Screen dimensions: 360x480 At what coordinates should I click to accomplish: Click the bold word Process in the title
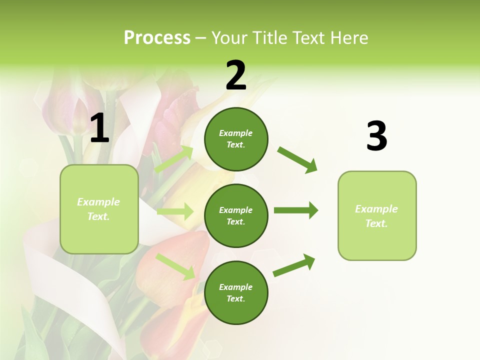point(157,38)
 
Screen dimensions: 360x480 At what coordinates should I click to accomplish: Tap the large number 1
point(99,128)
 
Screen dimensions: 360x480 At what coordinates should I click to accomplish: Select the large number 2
point(236,75)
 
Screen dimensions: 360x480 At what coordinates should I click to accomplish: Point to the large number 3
point(376,136)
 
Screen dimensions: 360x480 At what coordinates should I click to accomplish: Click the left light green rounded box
point(99,209)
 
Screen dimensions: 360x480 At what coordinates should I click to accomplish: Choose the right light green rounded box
point(377,215)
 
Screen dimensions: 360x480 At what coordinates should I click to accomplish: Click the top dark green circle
point(236,139)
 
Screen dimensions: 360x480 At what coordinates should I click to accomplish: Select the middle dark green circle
point(236,215)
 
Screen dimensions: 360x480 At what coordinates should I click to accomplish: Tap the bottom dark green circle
point(236,292)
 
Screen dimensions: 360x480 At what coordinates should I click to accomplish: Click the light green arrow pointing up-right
point(174,159)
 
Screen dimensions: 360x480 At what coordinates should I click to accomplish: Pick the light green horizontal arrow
point(175,211)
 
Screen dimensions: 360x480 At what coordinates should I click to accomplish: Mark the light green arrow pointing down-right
point(175,266)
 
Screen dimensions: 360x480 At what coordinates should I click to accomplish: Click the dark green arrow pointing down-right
point(297,159)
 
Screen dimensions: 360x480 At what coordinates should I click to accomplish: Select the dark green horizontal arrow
point(295,210)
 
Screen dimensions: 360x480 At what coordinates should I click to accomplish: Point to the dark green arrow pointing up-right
point(294,265)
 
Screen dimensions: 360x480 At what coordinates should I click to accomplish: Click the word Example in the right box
point(376,209)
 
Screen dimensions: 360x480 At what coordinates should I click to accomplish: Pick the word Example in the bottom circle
point(235,287)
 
